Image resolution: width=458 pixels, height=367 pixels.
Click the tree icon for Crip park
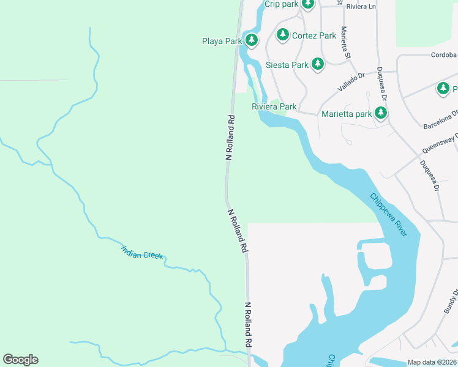click(x=307, y=4)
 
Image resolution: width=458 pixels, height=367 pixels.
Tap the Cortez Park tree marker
click(x=282, y=35)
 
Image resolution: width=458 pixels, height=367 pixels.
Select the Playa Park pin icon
click(x=252, y=41)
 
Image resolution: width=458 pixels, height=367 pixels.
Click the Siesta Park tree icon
click(x=317, y=64)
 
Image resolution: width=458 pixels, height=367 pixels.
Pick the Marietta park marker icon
click(x=381, y=113)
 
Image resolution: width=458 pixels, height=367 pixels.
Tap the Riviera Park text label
click(x=274, y=106)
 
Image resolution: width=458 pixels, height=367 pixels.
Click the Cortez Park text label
click(x=314, y=35)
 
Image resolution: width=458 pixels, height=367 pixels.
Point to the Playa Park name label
click(x=222, y=42)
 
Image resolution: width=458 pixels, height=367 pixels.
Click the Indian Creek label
click(x=142, y=252)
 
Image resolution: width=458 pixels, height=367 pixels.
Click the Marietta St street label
click(x=346, y=43)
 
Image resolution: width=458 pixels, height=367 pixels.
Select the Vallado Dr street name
click(x=351, y=83)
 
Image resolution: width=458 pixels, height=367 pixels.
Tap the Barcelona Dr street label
click(x=441, y=120)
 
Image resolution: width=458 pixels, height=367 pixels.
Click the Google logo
click(x=20, y=360)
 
